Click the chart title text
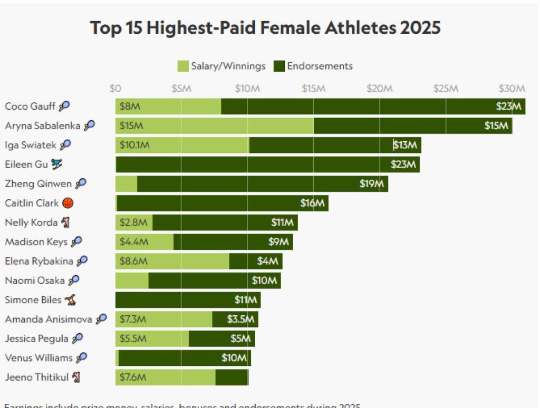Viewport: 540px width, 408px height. coord(265,27)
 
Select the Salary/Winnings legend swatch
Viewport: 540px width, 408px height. coord(183,66)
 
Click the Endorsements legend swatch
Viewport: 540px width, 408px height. coord(279,66)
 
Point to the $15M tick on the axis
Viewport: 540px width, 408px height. coord(313,88)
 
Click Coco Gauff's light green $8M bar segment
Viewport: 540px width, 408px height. coord(168,106)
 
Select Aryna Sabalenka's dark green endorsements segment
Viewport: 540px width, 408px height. coord(413,126)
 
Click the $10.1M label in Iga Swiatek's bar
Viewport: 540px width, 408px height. coord(134,145)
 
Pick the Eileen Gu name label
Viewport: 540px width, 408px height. coord(26,164)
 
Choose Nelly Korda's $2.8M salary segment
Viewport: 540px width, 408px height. coord(134,222)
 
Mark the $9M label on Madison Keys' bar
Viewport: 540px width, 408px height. coord(279,242)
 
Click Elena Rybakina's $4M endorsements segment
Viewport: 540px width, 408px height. coord(256,261)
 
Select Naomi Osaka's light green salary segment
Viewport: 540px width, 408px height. coord(132,280)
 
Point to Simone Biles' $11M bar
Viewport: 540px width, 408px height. coord(188,300)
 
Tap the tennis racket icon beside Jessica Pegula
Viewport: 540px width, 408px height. coord(78,338)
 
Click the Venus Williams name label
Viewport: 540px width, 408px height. coord(38,358)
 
